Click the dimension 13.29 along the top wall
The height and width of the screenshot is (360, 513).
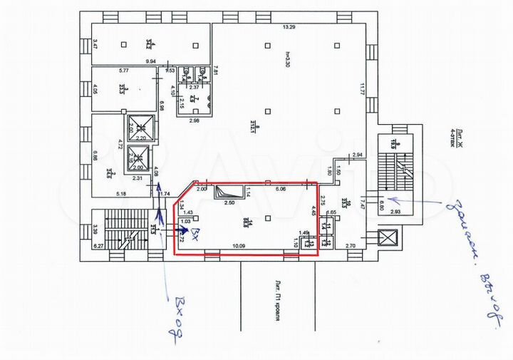click(288, 27)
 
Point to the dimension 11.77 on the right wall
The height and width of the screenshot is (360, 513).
click(361, 90)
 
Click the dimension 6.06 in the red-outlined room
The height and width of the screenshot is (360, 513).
click(280, 190)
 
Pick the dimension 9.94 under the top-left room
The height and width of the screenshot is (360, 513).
click(151, 63)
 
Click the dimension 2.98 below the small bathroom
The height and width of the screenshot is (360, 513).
click(195, 121)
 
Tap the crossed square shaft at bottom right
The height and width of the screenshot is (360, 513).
click(388, 237)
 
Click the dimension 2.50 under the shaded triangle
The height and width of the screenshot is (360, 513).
click(229, 203)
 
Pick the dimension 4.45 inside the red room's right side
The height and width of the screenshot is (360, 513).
click(313, 211)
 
